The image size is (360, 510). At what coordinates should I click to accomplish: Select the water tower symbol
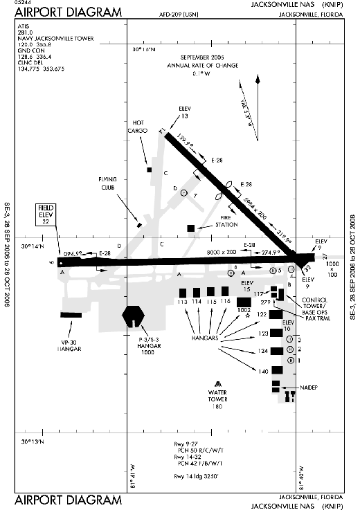click(x=218, y=384)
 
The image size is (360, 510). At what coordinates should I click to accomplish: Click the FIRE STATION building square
click(x=191, y=228)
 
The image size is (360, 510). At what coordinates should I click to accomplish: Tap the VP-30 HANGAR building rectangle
click(x=71, y=316)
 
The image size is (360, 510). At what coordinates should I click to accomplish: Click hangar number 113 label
click(x=183, y=302)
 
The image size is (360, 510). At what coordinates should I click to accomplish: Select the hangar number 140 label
click(x=263, y=372)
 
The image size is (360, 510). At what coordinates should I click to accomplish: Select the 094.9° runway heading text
click(x=73, y=254)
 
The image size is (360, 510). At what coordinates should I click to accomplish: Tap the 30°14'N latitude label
click(x=33, y=246)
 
